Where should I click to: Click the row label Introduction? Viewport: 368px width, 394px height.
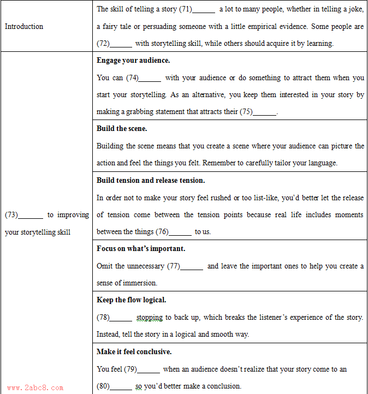click(24, 26)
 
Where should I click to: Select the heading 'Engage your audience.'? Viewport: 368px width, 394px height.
click(133, 60)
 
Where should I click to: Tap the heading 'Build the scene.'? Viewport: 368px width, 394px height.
click(122, 128)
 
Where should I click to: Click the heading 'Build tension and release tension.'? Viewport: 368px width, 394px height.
click(151, 180)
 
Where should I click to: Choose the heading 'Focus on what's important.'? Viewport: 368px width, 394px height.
click(141, 248)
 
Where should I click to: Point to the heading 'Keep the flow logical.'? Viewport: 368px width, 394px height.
click(131, 300)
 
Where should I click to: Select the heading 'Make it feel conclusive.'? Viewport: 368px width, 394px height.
click(134, 351)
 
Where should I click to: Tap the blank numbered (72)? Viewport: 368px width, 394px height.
click(121, 44)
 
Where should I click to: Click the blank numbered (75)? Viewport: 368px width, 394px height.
click(265, 112)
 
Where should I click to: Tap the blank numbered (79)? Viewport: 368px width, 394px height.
click(149, 369)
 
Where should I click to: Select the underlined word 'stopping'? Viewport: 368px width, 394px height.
click(149, 318)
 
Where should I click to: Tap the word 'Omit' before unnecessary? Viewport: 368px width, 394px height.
click(105, 266)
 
